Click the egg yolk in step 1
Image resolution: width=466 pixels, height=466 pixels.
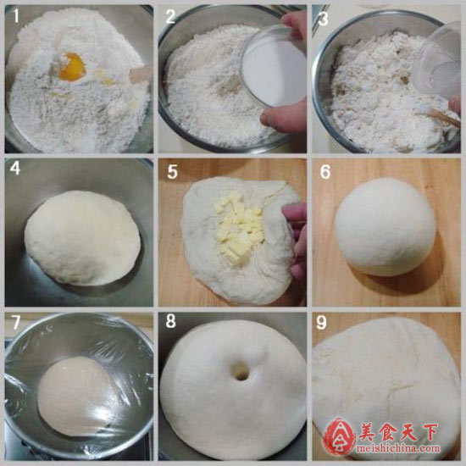[x=72, y=67]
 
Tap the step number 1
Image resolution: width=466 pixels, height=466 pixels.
[x=16, y=15]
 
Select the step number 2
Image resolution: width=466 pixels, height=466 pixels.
[x=170, y=16]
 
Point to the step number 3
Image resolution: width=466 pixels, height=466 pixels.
[x=323, y=19]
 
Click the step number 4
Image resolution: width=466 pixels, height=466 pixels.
[x=15, y=169]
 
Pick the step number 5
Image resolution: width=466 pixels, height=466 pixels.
[x=172, y=172]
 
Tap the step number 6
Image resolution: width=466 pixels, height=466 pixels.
[x=325, y=171]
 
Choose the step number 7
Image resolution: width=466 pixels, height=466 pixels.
[x=16, y=322]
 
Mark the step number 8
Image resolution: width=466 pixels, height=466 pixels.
[x=170, y=321]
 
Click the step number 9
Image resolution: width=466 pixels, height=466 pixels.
[x=321, y=322]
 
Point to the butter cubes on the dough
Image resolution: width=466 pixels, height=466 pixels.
[x=238, y=227]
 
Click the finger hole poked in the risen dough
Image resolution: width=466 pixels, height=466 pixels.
[x=240, y=371]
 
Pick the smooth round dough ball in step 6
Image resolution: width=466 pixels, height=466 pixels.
[x=386, y=227]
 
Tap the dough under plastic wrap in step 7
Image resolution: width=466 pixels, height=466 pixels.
[x=78, y=397]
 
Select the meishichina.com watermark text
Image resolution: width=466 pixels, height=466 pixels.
[x=397, y=448]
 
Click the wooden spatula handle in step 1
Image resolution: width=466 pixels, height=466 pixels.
[x=141, y=75]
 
